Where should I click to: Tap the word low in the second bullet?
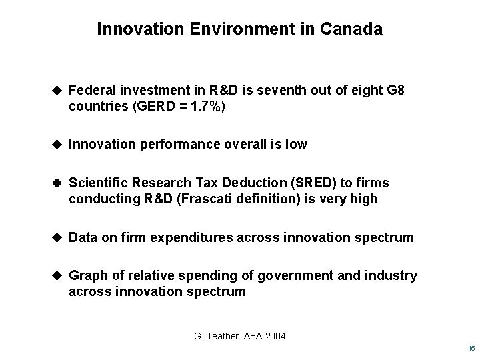click(x=297, y=144)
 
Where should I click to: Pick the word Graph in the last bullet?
click(x=87, y=275)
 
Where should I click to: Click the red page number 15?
click(x=471, y=349)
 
